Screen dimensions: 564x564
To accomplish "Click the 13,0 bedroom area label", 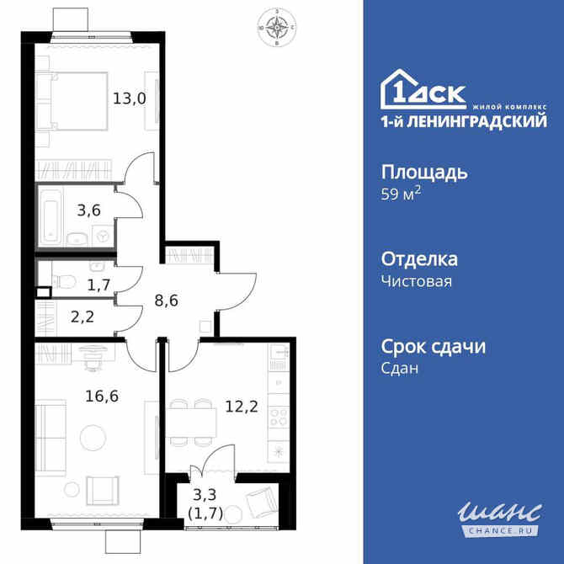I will click(130, 98).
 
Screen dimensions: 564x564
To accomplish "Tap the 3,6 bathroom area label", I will click(89, 210).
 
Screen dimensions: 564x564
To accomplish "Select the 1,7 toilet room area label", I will click(99, 285).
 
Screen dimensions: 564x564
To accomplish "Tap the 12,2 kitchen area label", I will click(241, 406).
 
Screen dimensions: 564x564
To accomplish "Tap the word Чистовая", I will click(417, 281).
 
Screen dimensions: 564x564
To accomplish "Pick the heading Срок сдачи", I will click(434, 347).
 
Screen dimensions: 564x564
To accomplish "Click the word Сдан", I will click(400, 369).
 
